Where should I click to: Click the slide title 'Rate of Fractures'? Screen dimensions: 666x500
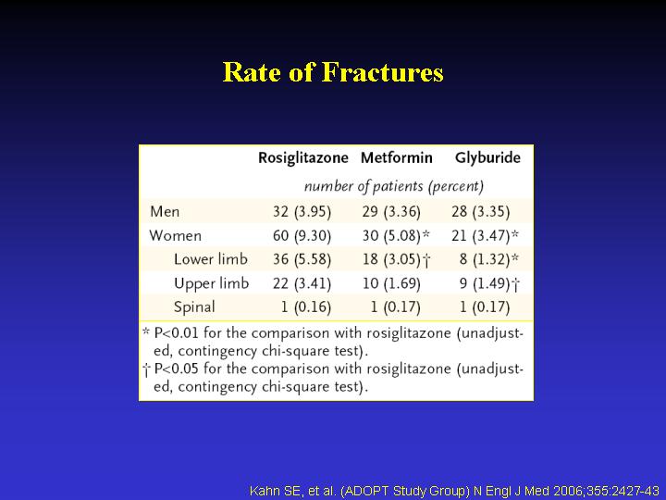pos(333,72)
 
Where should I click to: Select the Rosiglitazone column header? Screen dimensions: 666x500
pos(303,158)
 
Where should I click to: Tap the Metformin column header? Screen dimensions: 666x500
pos(397,157)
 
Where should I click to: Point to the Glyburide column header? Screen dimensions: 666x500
pos(487,158)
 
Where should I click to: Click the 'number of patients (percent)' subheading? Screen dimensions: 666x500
pos(394,186)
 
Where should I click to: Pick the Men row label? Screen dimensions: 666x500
pos(165,211)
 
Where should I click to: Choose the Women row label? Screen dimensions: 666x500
pos(176,235)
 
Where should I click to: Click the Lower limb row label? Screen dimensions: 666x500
pos(211,259)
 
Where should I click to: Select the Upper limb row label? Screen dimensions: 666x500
pos(211,283)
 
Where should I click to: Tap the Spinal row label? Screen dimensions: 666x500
pos(194,307)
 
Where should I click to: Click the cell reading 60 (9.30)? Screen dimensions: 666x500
pos(302,235)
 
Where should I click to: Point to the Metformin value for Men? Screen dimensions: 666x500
pos(391,211)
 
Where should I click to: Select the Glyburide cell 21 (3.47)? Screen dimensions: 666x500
pos(485,235)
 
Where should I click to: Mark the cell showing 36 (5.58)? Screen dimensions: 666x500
pos(302,259)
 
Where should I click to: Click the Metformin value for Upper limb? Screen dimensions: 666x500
pos(391,283)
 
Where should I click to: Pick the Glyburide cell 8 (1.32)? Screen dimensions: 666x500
pos(489,259)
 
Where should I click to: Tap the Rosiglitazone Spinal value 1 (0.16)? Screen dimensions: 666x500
pos(306,307)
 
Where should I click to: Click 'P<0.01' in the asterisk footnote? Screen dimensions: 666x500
pos(177,332)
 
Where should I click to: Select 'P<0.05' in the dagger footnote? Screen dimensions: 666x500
pos(177,369)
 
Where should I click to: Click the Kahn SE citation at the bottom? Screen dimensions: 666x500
pos(454,491)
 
